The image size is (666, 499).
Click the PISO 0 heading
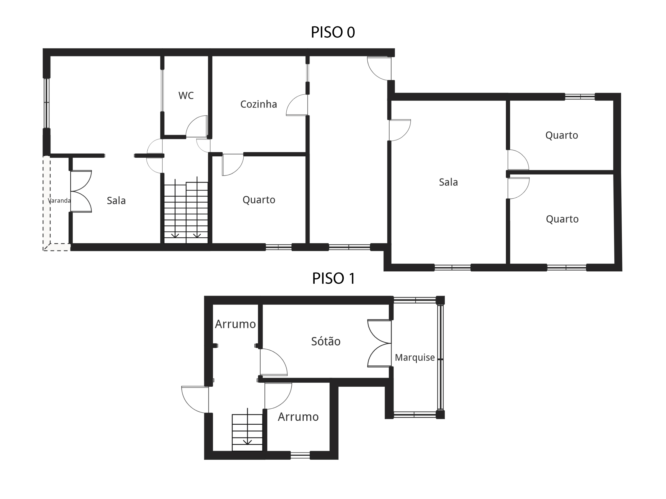(x=333, y=32)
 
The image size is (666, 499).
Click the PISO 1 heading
(x=334, y=278)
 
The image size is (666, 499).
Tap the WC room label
(x=186, y=96)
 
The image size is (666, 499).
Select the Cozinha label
(x=258, y=104)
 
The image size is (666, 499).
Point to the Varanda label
(x=59, y=201)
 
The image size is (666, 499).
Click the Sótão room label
(x=326, y=341)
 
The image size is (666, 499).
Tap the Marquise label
(x=415, y=357)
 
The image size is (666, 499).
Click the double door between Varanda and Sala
(x=81, y=192)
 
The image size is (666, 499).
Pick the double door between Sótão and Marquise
(x=379, y=343)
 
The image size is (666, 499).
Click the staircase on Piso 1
(x=247, y=432)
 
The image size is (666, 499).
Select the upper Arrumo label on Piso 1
(x=235, y=324)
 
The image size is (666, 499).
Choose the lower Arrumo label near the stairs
(x=298, y=417)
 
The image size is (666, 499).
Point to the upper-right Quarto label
(x=562, y=135)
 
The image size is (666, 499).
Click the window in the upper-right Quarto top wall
(x=580, y=96)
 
